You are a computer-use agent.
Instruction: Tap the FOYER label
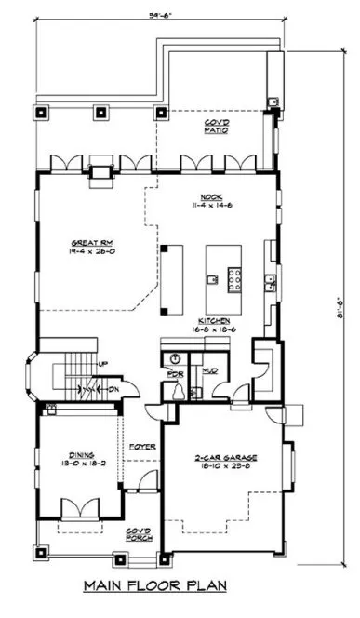141,446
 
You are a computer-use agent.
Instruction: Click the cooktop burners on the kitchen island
233,277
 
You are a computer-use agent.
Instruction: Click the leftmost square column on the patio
41,114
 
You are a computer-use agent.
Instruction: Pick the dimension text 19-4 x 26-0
87,252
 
